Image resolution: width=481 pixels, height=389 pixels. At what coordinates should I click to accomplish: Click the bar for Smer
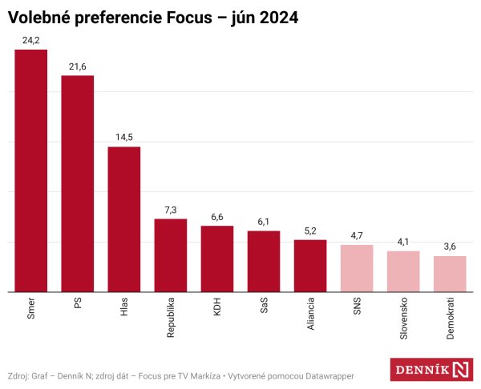point(31,170)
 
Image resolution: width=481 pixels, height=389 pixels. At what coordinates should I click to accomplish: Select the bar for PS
point(78,183)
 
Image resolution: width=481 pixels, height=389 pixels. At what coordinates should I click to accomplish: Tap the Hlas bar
point(124,219)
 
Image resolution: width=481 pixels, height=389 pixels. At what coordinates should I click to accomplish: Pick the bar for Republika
point(171,255)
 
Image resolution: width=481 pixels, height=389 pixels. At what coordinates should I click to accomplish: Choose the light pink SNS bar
point(357,268)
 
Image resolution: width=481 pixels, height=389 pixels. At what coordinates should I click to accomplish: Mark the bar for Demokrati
point(450,274)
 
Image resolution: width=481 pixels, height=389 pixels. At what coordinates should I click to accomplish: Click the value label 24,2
point(31,39)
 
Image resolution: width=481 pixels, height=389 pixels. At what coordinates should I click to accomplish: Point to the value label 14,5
point(124,137)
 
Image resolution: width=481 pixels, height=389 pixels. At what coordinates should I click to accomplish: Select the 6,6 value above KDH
point(217,216)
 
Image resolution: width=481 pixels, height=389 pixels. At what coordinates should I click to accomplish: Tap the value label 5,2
point(310,230)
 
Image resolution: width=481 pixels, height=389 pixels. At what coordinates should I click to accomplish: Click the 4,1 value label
point(403,241)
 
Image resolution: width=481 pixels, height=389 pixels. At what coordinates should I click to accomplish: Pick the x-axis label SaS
point(264,309)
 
